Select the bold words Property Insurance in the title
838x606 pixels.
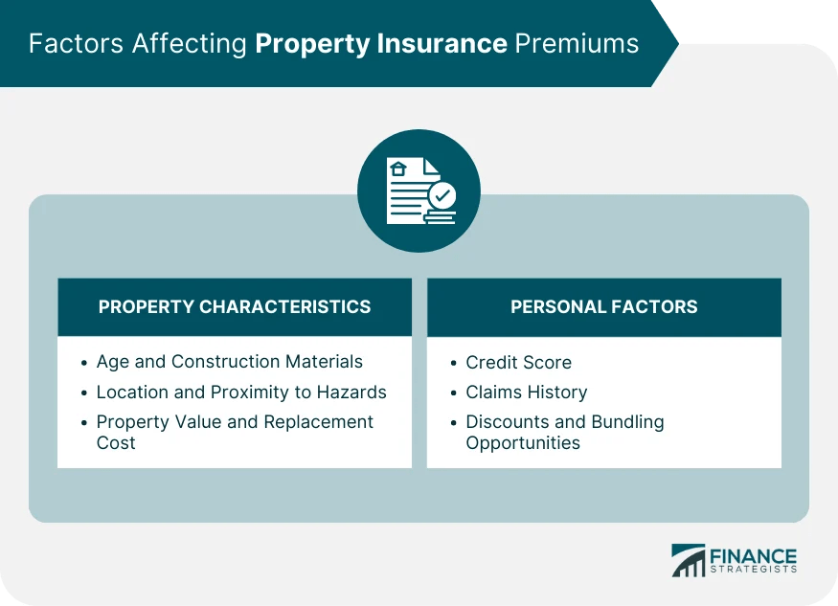(x=381, y=44)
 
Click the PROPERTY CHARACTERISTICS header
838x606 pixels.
(x=235, y=307)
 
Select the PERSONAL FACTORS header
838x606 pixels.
(x=603, y=307)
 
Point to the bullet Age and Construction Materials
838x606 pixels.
(x=229, y=362)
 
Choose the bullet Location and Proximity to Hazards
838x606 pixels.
(x=241, y=392)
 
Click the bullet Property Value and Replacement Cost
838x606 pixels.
(x=235, y=432)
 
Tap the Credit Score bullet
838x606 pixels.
(x=518, y=363)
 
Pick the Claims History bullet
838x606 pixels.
(x=526, y=392)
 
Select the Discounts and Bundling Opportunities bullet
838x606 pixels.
(x=564, y=432)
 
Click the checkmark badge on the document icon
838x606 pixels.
(x=442, y=195)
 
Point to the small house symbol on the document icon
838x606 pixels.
(x=398, y=169)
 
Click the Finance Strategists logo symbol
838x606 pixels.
(x=688, y=560)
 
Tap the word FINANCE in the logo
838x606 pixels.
(x=753, y=555)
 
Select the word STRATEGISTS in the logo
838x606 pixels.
(x=753, y=572)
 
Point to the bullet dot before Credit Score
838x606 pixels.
(x=454, y=364)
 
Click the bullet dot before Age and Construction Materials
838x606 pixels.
(x=84, y=363)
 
